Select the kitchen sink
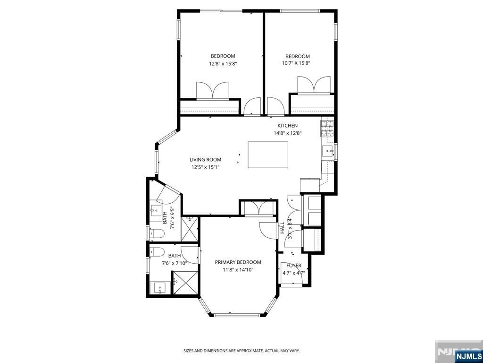[x=328, y=151]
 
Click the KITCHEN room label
[x=287, y=126]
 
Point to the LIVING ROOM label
[x=205, y=160]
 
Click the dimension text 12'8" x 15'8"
[x=223, y=63]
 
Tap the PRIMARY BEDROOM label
[x=238, y=262]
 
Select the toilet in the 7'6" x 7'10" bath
[x=157, y=251]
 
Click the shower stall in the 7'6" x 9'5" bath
[x=191, y=228]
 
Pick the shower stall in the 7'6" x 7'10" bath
[x=184, y=283]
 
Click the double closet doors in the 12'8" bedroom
[x=212, y=91]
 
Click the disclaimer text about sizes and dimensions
[x=241, y=351]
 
